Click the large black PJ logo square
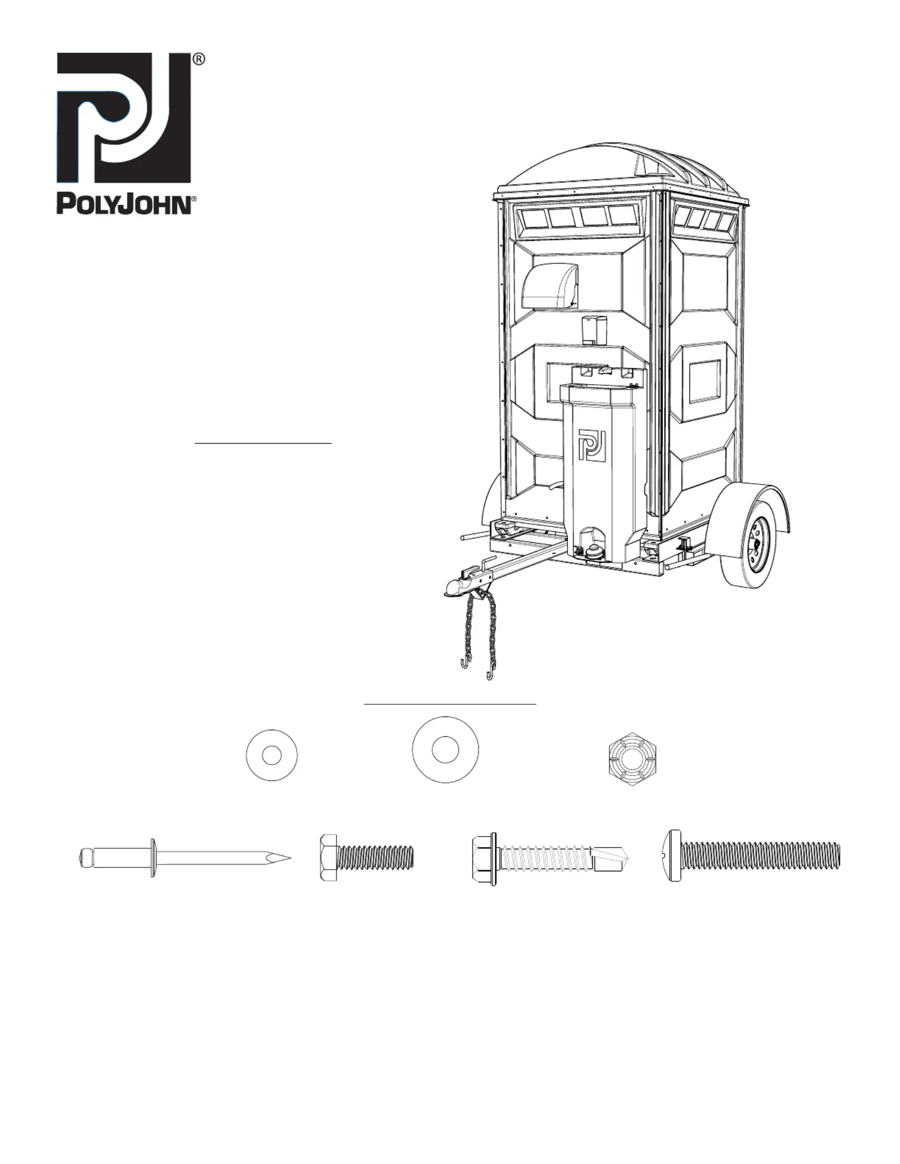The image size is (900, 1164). point(124,117)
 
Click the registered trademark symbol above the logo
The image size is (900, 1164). point(199,60)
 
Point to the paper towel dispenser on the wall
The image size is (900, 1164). point(549,285)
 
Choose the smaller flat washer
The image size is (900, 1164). point(272,755)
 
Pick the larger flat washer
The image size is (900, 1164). point(446,750)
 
